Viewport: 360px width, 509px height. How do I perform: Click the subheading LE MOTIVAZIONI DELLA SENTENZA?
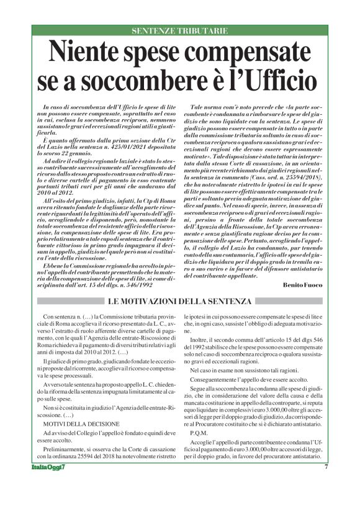click(x=179, y=301)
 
